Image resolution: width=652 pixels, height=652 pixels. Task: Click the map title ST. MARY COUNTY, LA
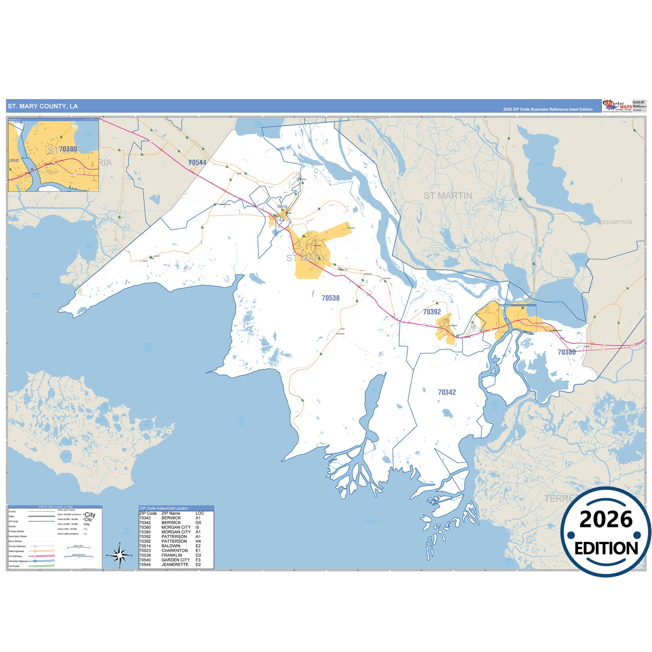42,106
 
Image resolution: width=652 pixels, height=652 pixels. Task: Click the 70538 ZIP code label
330,298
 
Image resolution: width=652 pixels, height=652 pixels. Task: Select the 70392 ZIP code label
432,312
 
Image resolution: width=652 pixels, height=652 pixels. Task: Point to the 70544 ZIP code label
197,162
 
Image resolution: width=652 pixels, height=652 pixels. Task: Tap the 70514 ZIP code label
282,207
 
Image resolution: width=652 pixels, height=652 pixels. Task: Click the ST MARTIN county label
448,196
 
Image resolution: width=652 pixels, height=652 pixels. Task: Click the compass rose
120,555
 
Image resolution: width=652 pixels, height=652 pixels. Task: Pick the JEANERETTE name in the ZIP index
175,564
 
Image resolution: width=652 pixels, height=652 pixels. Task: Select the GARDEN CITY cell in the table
176,560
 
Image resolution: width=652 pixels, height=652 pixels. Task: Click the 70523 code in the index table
145,550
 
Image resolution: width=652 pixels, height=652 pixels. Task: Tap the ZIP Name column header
171,513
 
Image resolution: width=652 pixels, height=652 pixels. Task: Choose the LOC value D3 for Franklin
198,555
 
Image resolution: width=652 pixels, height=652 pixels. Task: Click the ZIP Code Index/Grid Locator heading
163,509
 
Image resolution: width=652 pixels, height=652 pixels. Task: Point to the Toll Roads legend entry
14,566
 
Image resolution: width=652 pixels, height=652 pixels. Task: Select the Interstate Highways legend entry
18,561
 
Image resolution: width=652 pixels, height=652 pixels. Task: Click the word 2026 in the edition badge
606,520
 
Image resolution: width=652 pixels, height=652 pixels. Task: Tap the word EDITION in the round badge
606,548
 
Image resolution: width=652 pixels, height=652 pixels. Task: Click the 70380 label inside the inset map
68,149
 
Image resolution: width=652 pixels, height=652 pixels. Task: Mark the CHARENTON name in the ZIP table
175,550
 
